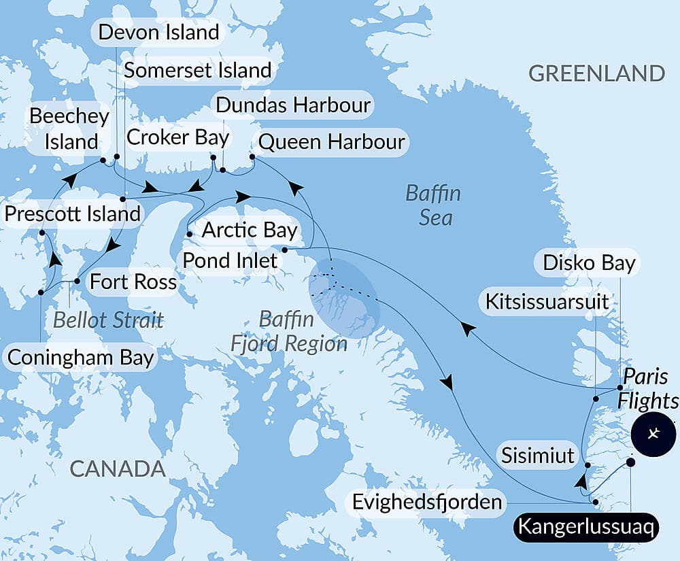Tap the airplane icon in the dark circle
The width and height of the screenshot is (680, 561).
coord(653,433)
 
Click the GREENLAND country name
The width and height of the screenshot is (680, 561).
coord(596,73)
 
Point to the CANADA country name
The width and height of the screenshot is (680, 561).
coord(118,468)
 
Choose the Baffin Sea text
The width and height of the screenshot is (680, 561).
coord(433,205)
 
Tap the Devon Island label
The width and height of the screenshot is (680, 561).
coord(158,32)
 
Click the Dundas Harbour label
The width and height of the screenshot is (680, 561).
coord(293,105)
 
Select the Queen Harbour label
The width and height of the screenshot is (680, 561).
coord(332,142)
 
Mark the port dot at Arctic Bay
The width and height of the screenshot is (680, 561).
coord(189,234)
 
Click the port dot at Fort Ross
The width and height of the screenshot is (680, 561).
coord(77,281)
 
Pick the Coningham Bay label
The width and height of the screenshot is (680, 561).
coord(80,358)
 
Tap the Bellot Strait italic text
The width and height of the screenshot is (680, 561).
coord(108,320)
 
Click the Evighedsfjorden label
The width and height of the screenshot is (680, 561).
coord(428,503)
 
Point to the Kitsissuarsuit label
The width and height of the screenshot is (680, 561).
coord(547,301)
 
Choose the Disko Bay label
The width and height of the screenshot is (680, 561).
coord(589,263)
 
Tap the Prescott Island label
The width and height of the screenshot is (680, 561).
coord(72,214)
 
